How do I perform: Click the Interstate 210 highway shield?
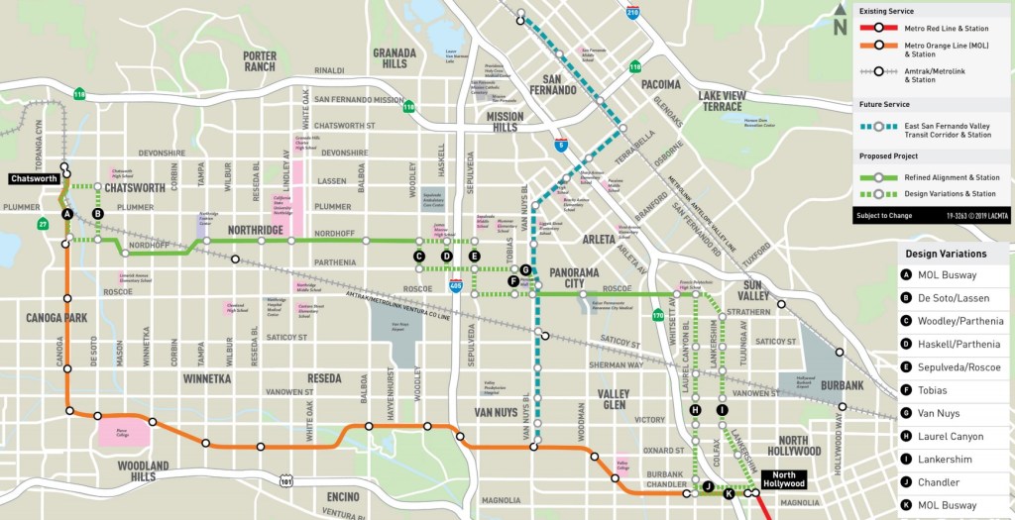click(633, 13)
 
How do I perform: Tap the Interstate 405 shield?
click(455, 286)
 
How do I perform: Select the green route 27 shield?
click(43, 225)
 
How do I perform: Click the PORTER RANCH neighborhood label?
click(260, 62)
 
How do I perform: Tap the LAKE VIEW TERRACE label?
click(733, 101)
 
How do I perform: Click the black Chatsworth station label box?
click(35, 179)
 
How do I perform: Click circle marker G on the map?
click(525, 269)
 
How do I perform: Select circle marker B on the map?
click(97, 213)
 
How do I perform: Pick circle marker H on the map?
click(695, 410)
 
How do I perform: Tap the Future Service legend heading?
click(884, 104)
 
